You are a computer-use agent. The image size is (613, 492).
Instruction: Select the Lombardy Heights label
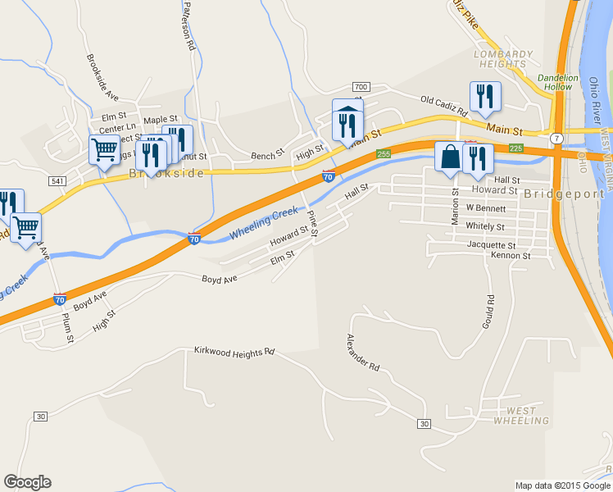pos(502,60)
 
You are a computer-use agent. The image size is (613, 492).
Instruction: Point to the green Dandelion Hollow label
pos(557,83)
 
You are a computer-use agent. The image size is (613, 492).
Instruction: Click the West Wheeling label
pos(521,416)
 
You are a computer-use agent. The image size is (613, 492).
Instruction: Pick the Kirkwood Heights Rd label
pos(234,352)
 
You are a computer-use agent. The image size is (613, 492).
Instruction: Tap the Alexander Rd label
pos(363,353)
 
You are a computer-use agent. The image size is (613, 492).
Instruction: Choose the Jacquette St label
pos(490,245)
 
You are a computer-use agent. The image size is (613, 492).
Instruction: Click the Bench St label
pos(267,154)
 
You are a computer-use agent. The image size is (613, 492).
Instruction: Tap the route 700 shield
pos(361,87)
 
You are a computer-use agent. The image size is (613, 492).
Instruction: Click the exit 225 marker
pos(515,148)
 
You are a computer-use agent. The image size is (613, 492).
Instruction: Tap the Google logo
pos(27,482)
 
